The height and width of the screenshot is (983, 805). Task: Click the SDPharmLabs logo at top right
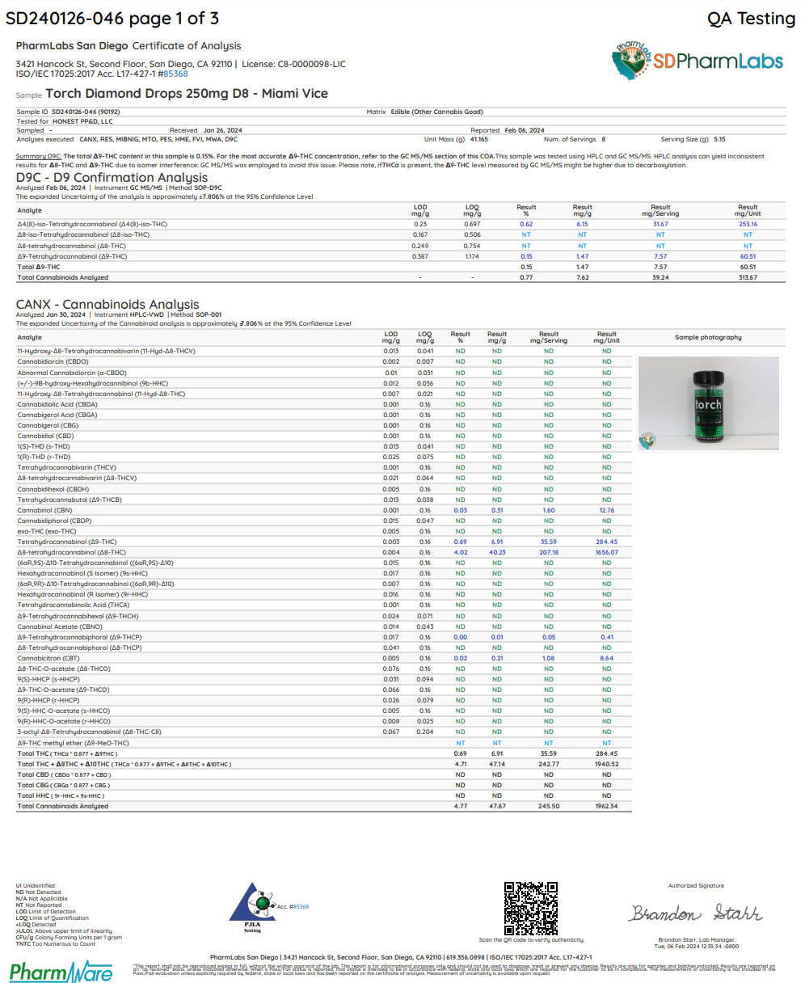coord(697,59)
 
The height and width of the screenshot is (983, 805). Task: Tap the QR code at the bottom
coord(530,907)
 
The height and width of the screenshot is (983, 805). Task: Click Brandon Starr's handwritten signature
coord(696,913)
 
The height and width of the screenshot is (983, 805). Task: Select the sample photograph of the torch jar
coord(708,403)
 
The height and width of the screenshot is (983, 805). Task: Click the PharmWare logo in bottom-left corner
coord(61,970)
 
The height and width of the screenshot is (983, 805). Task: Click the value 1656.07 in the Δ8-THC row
coord(606,552)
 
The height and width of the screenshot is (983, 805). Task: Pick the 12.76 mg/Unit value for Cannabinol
coord(606,510)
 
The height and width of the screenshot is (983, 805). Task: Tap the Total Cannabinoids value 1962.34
coord(606,806)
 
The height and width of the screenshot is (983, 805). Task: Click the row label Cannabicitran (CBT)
coord(48,658)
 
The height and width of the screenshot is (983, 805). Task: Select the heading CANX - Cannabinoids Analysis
coord(107,305)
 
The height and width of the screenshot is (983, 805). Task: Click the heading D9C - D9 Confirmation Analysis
coord(112,178)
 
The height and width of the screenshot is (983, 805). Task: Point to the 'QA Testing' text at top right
coord(751,18)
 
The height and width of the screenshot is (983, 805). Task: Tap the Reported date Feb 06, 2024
coord(525,130)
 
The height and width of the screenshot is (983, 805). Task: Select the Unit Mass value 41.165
coord(479,139)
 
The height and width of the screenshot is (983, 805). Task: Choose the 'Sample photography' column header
coord(708,337)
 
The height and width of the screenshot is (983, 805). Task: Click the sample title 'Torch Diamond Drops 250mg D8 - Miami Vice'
coord(187,94)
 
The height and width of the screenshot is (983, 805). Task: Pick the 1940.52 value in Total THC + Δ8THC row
coord(606,764)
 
